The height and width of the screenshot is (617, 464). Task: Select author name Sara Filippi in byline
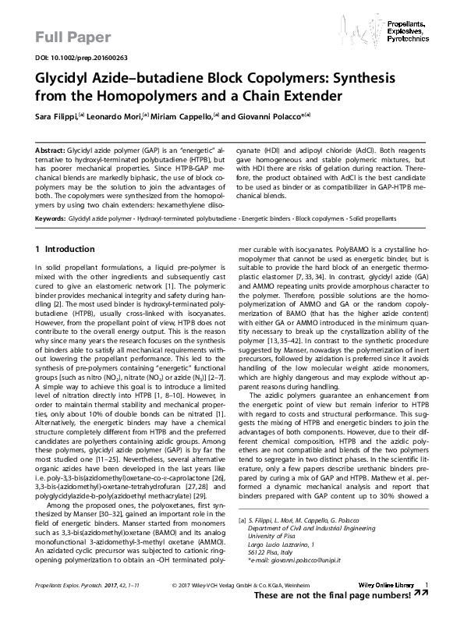click(55, 115)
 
